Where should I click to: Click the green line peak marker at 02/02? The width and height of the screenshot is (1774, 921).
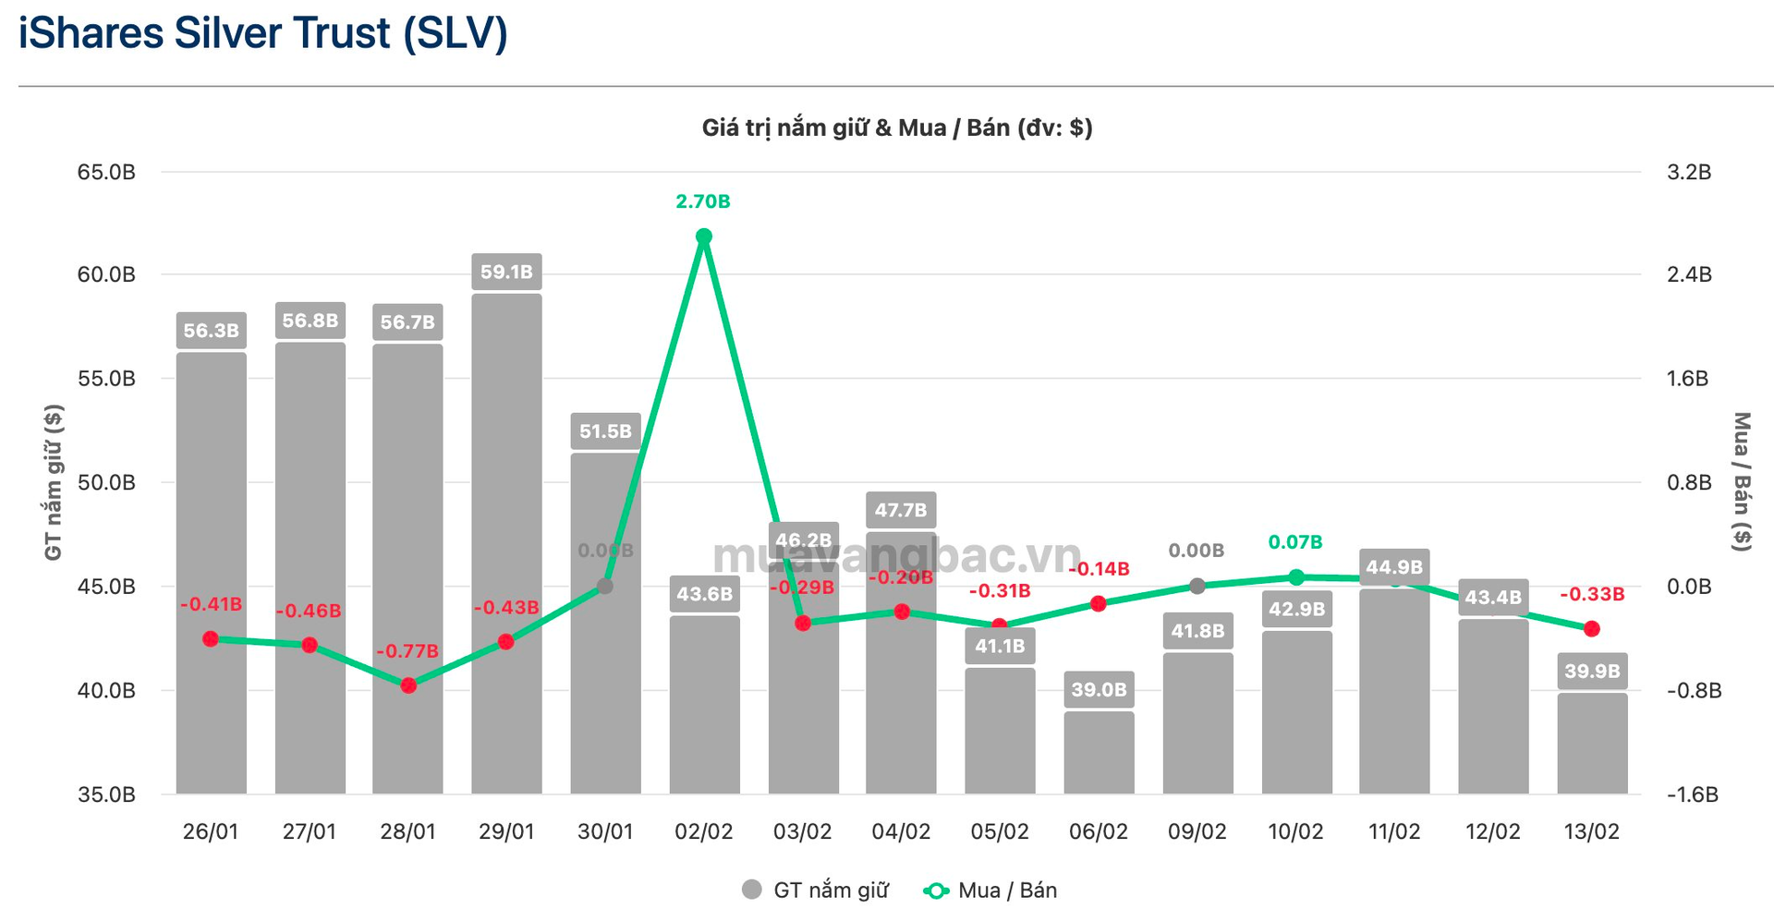[x=704, y=237]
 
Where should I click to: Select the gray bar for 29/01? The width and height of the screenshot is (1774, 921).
[x=506, y=545]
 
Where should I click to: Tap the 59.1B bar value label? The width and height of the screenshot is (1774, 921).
[x=506, y=273]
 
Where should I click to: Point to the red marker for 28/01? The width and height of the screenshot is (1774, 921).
[x=408, y=685]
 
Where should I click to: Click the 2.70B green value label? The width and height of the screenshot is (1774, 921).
[x=703, y=201]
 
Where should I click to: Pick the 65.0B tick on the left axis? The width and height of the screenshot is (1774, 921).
[x=106, y=173]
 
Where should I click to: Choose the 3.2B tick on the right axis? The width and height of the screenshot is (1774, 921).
[x=1689, y=173]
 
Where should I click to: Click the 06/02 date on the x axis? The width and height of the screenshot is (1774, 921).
[x=1099, y=832]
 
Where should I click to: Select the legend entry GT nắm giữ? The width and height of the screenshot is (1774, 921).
[x=816, y=891]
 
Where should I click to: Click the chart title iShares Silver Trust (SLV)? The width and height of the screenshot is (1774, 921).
[x=263, y=34]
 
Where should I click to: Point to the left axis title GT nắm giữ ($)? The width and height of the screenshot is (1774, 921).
[x=54, y=482]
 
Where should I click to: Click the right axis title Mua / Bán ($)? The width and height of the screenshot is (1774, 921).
[x=1742, y=482]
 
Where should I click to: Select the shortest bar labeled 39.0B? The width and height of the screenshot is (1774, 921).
[x=1099, y=753]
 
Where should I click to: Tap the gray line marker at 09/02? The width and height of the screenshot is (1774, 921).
[x=1197, y=586]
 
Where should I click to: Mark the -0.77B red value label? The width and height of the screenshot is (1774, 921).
[x=407, y=651]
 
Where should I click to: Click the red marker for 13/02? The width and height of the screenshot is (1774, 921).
[x=1592, y=629]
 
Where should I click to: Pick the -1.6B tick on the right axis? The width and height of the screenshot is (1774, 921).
[x=1693, y=794]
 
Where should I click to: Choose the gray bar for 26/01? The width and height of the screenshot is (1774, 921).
[x=212, y=573]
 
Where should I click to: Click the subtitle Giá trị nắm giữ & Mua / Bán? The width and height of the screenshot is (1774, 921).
[x=897, y=128]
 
